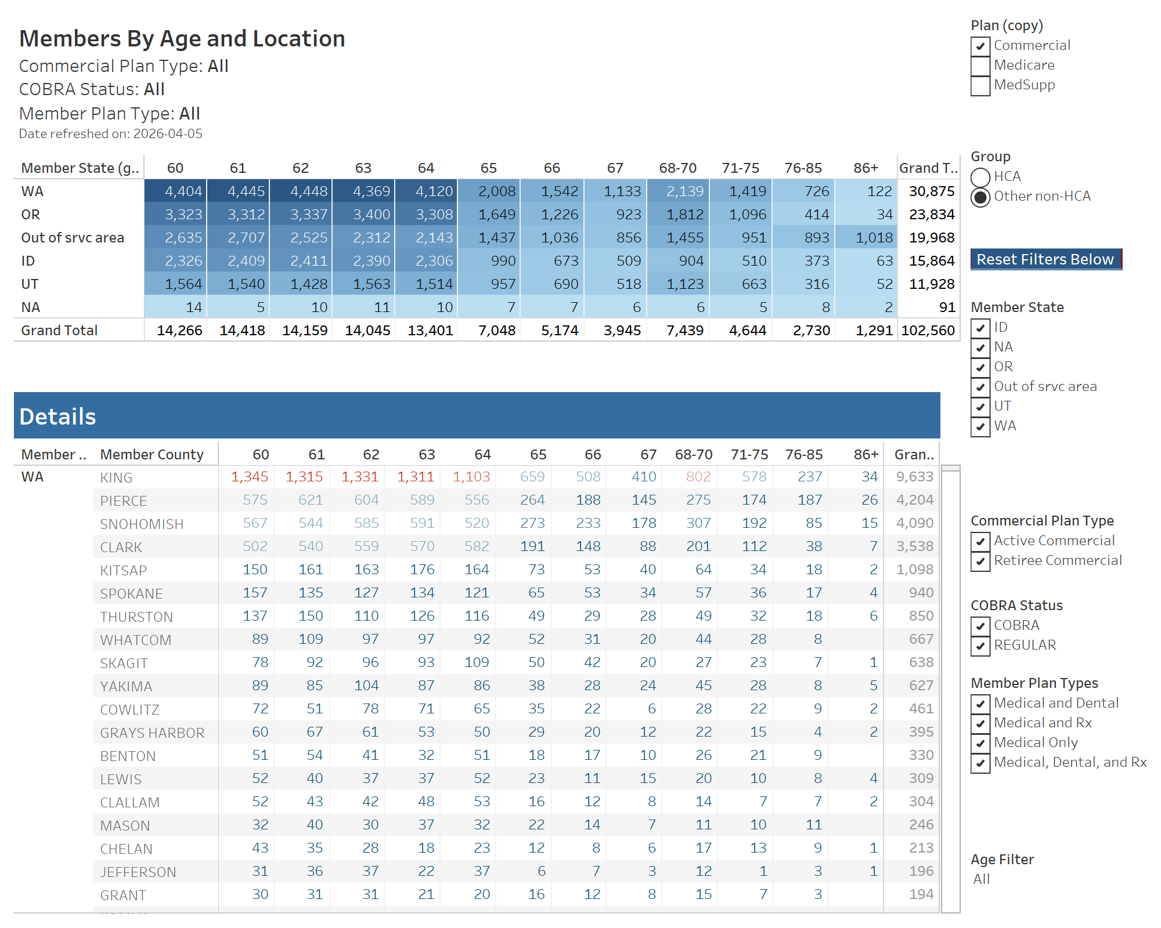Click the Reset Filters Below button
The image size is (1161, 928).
point(1045,259)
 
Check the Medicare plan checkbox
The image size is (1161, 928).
point(980,66)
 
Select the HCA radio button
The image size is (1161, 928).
point(980,177)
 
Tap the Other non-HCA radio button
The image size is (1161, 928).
point(980,197)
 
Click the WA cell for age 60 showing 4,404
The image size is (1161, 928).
point(176,191)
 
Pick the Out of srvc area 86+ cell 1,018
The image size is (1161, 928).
point(866,238)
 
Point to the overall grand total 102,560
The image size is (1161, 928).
point(928,331)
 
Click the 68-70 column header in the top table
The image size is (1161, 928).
point(677,168)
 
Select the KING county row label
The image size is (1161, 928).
point(116,478)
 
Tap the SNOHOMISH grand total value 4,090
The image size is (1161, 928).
point(915,523)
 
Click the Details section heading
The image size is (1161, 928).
point(57,416)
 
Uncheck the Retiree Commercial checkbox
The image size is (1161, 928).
point(980,561)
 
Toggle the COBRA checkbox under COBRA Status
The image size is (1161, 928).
point(980,626)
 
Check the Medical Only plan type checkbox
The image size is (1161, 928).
point(980,743)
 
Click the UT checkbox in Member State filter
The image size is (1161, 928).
point(980,407)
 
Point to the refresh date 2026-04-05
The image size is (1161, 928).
point(168,134)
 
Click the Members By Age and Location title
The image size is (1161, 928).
point(182,39)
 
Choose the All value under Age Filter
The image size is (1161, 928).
point(982,879)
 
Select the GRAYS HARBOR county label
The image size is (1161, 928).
point(152,733)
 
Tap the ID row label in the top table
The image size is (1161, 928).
point(28,261)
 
